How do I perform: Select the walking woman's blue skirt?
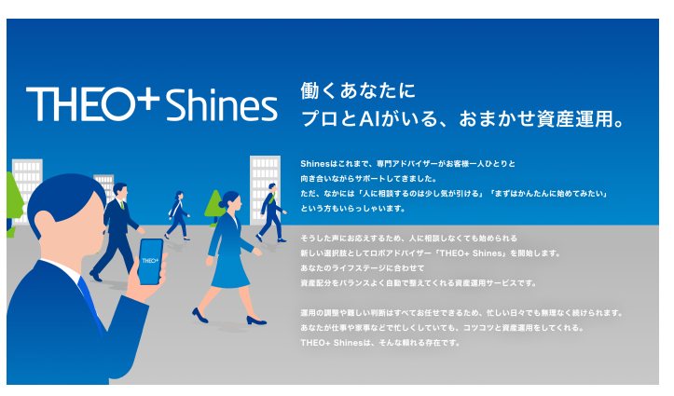(x=227, y=269)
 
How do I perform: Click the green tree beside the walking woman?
(x=214, y=210)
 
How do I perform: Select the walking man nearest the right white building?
(x=271, y=211)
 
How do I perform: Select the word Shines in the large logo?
(x=222, y=105)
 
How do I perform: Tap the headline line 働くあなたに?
(x=357, y=91)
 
